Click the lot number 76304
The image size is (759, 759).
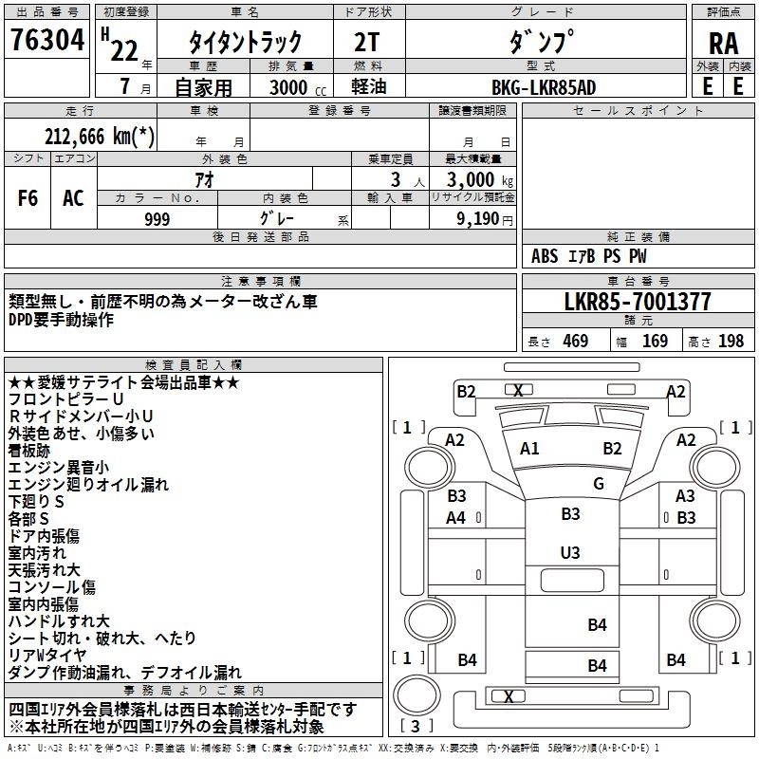(47, 39)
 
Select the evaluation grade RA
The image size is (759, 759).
(723, 44)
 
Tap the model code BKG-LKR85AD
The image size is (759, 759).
(544, 87)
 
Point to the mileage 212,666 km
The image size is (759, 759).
(100, 136)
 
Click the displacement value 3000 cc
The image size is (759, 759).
(297, 87)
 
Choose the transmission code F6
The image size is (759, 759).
(28, 198)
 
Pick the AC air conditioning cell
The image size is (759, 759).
(73, 198)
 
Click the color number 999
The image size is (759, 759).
(157, 219)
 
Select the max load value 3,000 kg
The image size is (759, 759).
(480, 179)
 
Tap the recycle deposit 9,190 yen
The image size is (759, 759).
(485, 219)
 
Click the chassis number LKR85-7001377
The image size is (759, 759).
(638, 302)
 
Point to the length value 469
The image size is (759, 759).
(576, 341)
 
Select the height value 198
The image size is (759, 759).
(731, 341)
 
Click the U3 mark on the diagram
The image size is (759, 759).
(570, 552)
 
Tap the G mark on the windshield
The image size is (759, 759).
(599, 483)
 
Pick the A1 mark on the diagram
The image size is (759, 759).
(529, 448)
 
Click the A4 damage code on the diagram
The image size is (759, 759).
(455, 517)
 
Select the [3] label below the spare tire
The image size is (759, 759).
(416, 726)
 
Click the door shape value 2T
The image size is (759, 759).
(366, 42)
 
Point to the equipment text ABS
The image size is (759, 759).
(544, 256)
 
